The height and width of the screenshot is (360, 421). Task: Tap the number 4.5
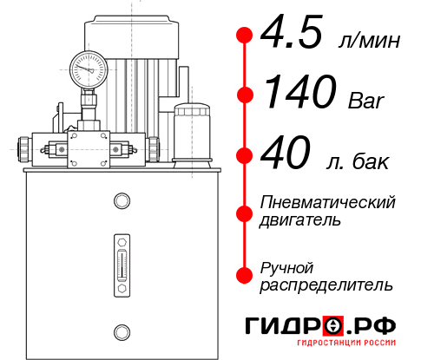(x=294, y=36)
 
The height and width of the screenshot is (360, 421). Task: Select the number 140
(x=299, y=94)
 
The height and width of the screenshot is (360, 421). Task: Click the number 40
(x=287, y=156)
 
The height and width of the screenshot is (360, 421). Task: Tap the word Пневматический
(x=328, y=202)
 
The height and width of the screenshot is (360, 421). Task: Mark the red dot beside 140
(x=245, y=95)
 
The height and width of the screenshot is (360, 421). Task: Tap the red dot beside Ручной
(x=245, y=275)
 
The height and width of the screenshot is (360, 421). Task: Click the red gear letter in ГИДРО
(x=332, y=325)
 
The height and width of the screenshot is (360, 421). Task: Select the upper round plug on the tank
(x=121, y=201)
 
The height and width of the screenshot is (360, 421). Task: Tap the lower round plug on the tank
(x=121, y=331)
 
